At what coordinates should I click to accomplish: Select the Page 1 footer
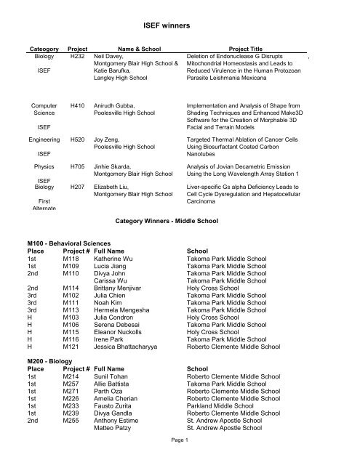coord(179,458)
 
